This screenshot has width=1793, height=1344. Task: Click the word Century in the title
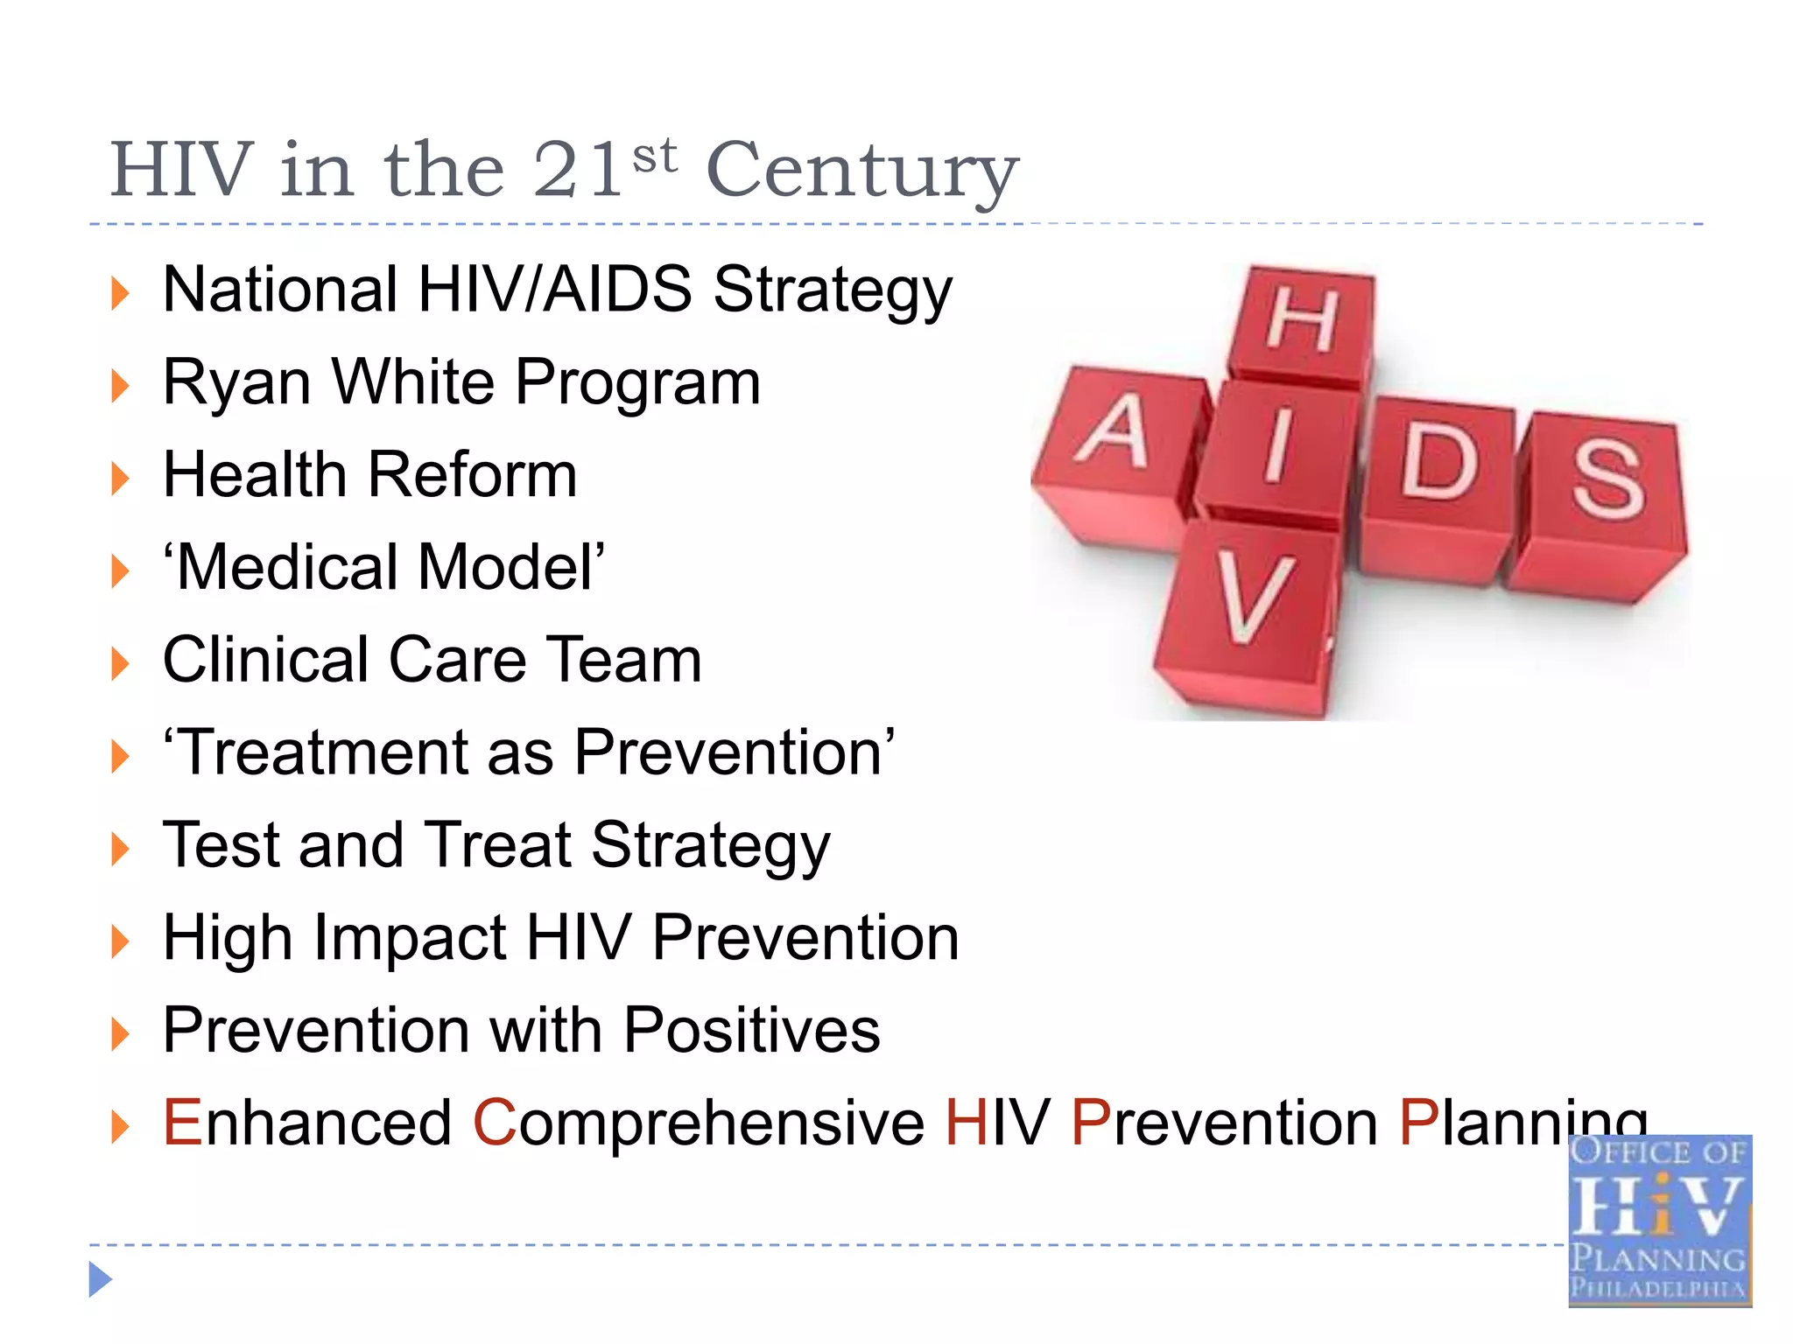pos(862,171)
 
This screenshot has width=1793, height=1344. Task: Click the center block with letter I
pos(1278,446)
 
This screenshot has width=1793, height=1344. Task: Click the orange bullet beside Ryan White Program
pos(120,386)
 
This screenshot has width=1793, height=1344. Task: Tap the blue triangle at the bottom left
pos(100,1279)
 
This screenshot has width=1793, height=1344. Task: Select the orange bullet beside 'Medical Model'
pos(120,571)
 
